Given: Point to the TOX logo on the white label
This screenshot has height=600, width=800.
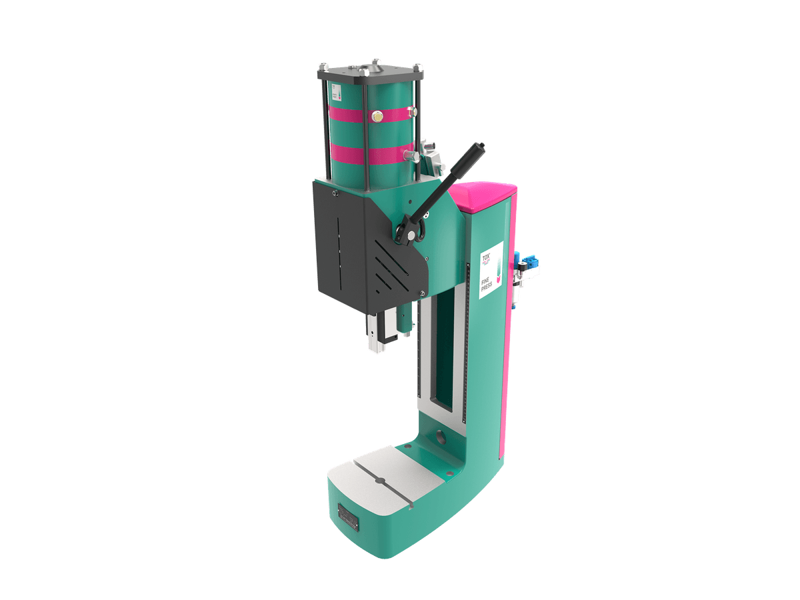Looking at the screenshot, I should coord(486,255).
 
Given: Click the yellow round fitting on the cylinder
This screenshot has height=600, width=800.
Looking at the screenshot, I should coord(378,116).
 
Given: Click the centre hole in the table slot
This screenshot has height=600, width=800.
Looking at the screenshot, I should coord(380,481).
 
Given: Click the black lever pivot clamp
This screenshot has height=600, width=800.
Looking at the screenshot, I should coord(409,230).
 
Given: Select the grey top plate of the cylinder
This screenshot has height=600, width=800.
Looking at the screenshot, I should coord(371,72).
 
